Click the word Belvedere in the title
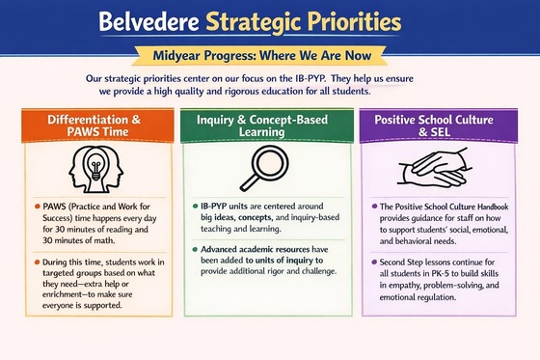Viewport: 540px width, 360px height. pos(153,20)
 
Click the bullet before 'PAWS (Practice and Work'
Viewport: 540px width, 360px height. pos(35,208)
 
